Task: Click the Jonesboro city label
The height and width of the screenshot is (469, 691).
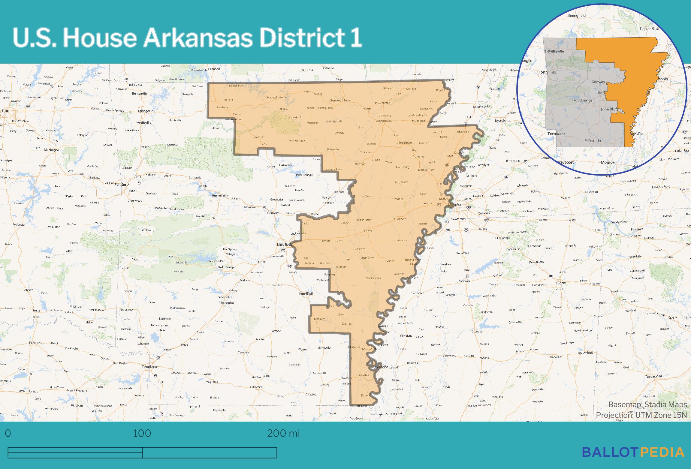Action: point(404,143)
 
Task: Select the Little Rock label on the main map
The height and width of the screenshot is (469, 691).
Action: point(284,245)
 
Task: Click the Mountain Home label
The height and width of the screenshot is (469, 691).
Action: point(277,98)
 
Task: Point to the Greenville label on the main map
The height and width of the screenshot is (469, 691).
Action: point(381,367)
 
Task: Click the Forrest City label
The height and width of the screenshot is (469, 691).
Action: point(399,219)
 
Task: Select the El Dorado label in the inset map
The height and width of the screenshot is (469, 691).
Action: point(593,140)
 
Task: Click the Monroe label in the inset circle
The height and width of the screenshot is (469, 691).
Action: point(608,162)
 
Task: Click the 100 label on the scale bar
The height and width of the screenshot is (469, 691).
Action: point(142,434)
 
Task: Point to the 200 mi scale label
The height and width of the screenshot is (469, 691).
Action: point(283,434)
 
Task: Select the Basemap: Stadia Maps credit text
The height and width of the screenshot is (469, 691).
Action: point(647,404)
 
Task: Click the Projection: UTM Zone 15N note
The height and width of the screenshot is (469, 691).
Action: point(641,415)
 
